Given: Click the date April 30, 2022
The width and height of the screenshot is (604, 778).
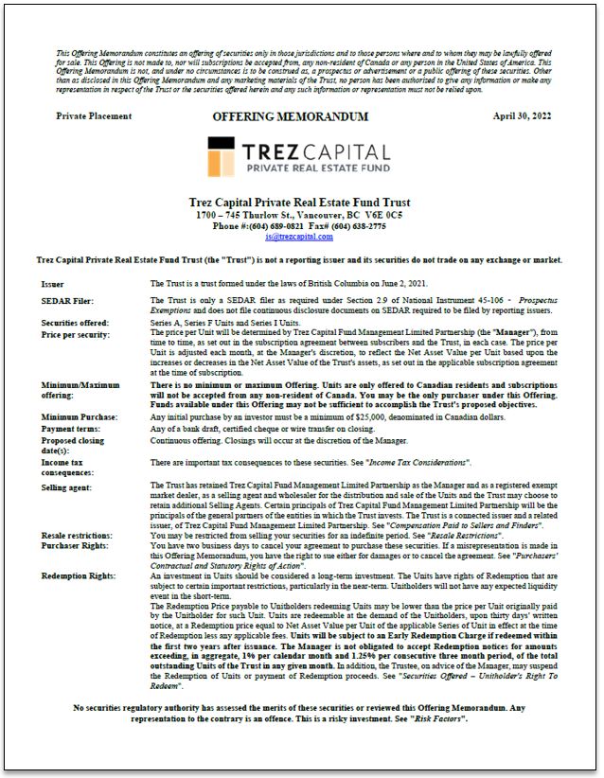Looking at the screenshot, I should point(521,115).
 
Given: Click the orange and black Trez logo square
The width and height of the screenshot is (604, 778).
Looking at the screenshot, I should point(222,156).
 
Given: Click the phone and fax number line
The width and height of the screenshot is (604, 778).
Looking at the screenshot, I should point(299,226).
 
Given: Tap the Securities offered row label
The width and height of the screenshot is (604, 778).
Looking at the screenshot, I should point(73,324).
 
